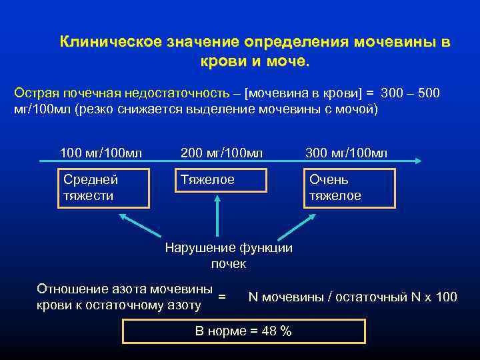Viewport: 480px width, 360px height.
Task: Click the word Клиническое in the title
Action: tap(99, 42)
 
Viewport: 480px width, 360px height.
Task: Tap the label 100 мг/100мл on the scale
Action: tap(101, 154)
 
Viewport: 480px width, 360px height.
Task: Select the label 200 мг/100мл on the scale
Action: tap(222, 154)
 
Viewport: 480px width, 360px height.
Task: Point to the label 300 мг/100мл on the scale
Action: tap(346, 154)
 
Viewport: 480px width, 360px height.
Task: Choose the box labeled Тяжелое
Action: tap(220, 180)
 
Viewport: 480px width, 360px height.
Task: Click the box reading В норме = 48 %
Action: tap(244, 331)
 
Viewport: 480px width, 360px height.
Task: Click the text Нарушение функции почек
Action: tap(229, 256)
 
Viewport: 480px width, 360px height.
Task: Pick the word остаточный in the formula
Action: tap(363, 297)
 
